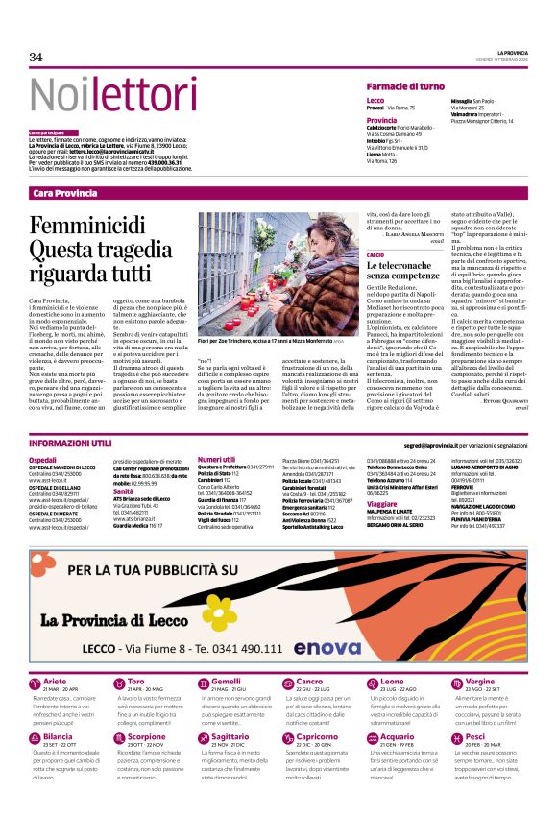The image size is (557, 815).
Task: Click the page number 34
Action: pos(36,57)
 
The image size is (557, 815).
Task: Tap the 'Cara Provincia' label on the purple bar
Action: pos(64,193)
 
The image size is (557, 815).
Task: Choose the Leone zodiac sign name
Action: pos(391,681)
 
